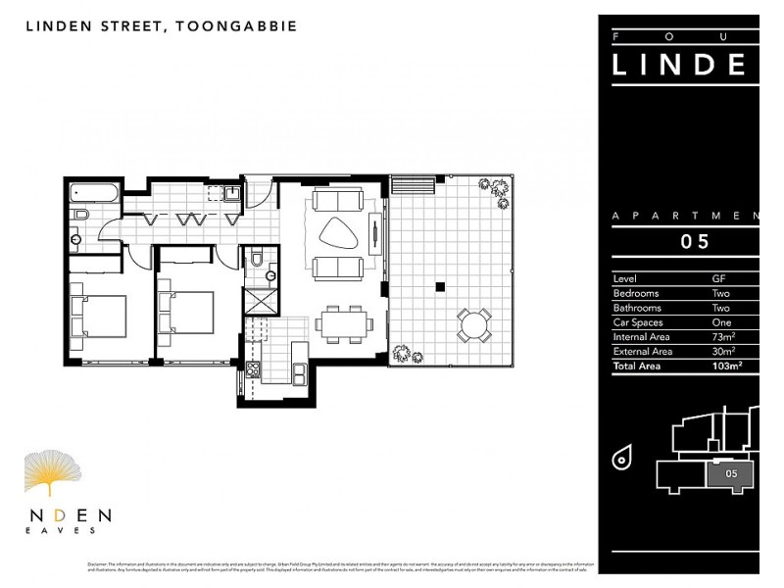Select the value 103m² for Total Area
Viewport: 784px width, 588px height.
coord(726,366)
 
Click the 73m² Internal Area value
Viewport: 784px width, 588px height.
coord(724,336)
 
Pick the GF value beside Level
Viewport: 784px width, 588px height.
coord(719,278)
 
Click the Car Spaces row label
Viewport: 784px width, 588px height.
coord(637,321)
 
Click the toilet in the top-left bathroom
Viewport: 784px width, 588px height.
coord(82,214)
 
